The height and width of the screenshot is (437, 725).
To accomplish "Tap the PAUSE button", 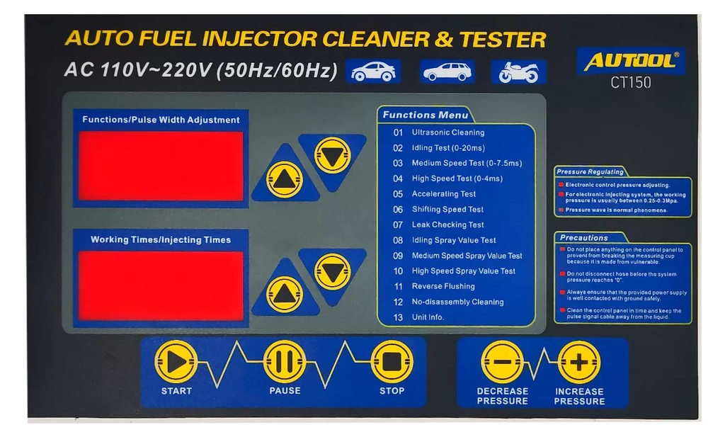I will coord(285,362).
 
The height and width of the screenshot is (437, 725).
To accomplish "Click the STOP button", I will coord(392,362).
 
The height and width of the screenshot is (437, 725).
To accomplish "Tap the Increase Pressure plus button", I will coord(579,362).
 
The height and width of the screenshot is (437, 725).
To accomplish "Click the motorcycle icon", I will coord(519,72).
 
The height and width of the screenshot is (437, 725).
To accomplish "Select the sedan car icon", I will coord(373,72).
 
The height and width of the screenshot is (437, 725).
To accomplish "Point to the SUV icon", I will coord(447,72).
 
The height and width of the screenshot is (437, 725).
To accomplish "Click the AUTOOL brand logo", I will coord(631,61).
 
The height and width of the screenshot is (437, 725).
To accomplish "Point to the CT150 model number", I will coord(631,83).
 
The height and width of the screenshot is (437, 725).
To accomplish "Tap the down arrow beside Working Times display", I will coord(332,271).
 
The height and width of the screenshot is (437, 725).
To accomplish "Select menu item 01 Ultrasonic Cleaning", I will coord(447,132).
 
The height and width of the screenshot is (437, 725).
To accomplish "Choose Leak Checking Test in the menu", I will coord(447,225).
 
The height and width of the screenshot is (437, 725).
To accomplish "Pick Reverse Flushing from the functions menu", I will coord(443,286).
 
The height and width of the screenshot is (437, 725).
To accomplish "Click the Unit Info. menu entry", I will coord(428,317).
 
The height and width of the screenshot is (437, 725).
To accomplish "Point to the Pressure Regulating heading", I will coord(590,172).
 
